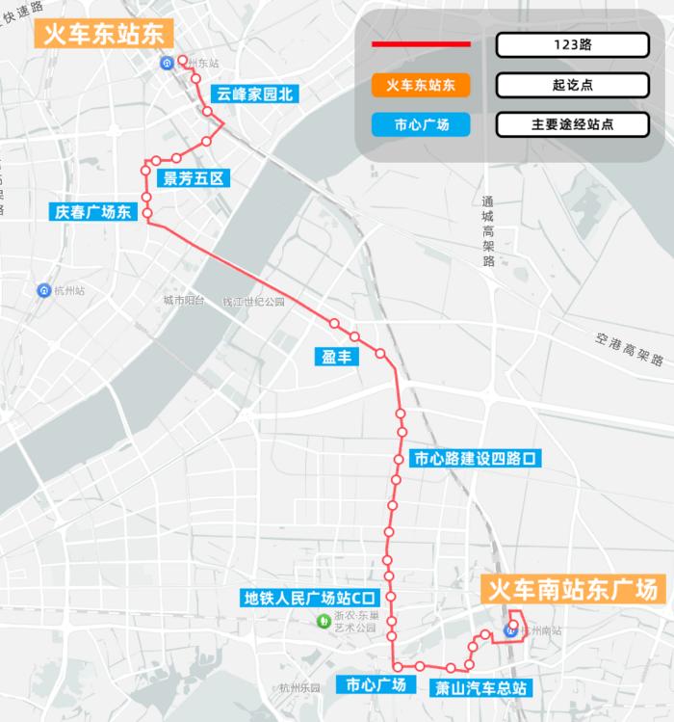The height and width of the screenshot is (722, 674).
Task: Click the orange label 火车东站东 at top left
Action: coord(104,35)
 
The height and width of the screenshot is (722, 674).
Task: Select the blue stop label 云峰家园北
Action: coord(253,94)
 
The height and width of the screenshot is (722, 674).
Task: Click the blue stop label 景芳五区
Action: coord(194,178)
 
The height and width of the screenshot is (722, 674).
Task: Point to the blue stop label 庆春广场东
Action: coord(91,211)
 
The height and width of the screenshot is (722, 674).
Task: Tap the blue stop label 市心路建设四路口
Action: coord(473,459)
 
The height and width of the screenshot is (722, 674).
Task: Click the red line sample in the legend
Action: coord(422,45)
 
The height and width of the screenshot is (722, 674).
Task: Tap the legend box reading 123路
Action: coord(572,45)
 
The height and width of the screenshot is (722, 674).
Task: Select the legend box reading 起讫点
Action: coord(572,85)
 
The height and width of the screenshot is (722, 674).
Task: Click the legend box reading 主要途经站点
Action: coord(572,124)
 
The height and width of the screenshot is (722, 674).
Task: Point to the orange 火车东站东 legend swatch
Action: coord(422,85)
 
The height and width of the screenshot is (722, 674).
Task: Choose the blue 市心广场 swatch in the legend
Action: coord(422,124)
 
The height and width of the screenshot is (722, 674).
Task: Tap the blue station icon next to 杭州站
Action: coord(43,290)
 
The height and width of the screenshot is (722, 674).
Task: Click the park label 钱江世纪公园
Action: coord(253,302)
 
